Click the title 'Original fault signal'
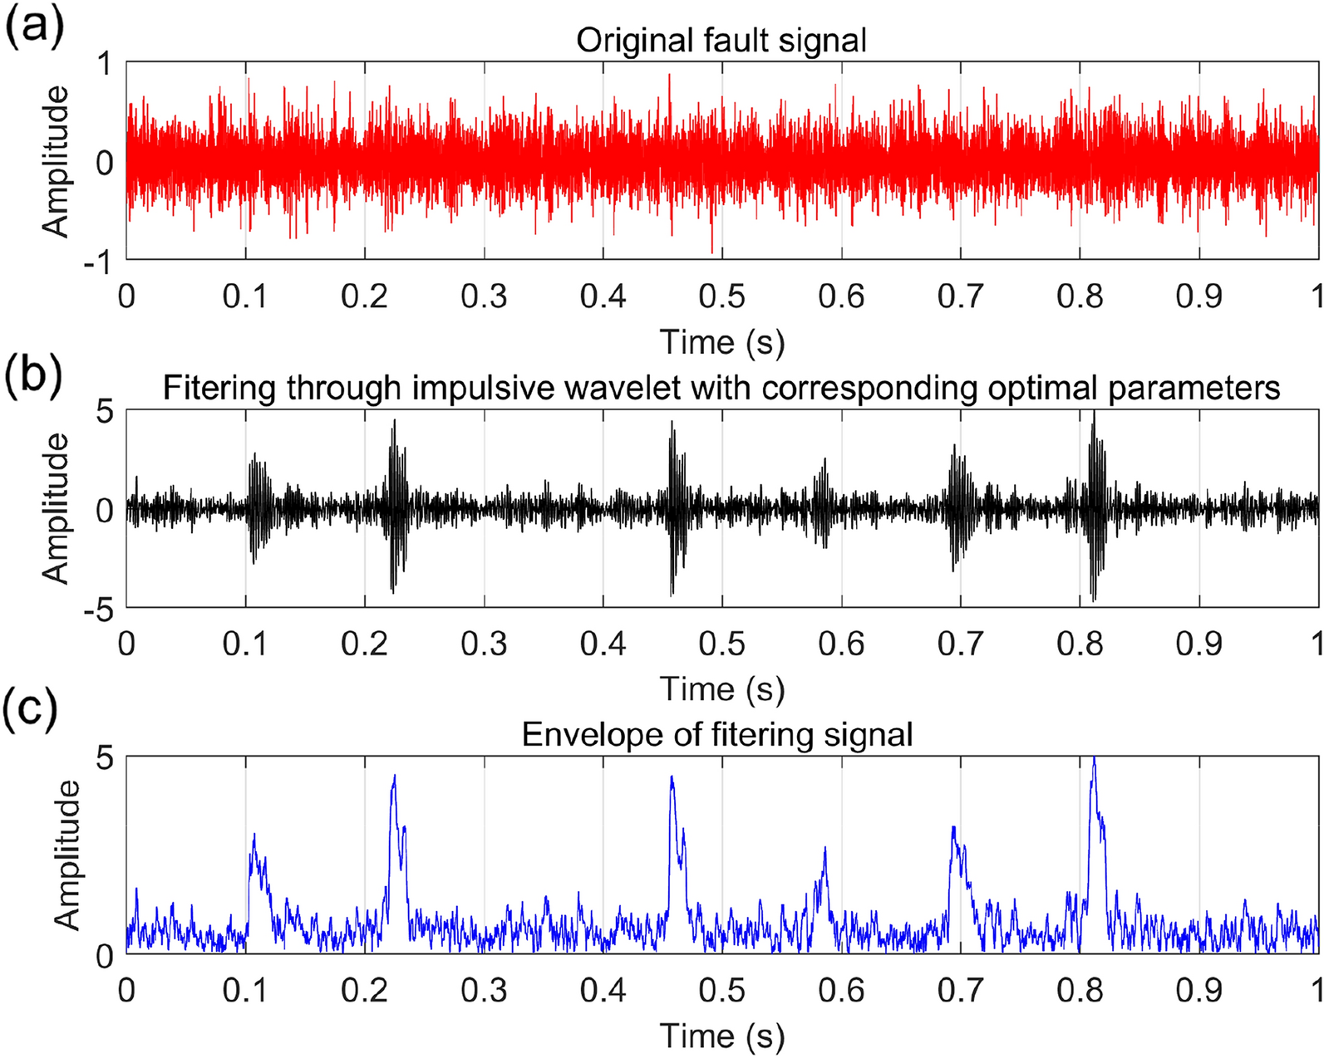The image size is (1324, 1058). pos(721,41)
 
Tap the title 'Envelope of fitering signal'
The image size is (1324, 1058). pos(716,734)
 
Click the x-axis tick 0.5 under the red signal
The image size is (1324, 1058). pos(721,296)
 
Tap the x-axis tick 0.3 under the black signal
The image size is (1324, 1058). pos(484,644)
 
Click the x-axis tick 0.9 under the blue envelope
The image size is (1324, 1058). pos(1198,990)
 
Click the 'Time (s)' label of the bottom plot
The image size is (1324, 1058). pos(721,1036)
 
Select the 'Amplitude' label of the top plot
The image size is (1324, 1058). pos(56,162)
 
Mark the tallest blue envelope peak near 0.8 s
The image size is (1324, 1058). pos(1094,758)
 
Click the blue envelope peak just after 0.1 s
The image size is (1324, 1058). pos(254,835)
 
